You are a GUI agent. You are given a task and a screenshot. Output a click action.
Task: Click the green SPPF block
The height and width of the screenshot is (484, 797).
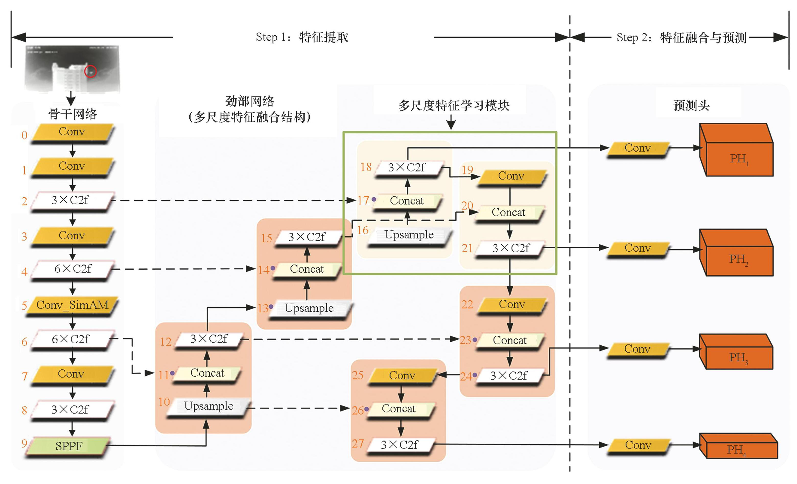coord(68,446)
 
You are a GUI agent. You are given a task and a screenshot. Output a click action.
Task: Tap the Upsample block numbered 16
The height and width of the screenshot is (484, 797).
coord(409,235)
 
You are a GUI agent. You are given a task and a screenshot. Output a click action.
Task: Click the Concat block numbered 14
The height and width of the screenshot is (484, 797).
coord(307,269)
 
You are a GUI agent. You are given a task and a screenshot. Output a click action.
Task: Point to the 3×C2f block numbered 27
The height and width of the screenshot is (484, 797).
coord(400,445)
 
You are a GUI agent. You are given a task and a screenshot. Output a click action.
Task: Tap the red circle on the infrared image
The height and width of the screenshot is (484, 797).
coord(90,71)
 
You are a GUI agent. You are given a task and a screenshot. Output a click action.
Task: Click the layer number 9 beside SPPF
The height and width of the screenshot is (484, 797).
coord(24,443)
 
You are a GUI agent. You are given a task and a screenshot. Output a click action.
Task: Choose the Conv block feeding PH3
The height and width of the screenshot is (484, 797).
coord(637,349)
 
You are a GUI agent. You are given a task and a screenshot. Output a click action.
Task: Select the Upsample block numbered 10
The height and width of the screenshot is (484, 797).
coord(209,406)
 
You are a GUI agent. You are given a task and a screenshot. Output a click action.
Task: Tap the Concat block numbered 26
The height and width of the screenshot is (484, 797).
coord(398,409)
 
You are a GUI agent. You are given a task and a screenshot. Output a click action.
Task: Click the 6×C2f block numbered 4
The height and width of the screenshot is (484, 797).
coord(73,269)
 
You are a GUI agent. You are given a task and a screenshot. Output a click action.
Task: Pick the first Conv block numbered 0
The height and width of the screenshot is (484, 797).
coord(72,132)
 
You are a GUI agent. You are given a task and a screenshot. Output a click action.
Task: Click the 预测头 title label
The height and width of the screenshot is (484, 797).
coord(691,106)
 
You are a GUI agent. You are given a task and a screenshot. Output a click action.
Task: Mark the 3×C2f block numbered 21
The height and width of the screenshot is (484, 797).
coord(511,248)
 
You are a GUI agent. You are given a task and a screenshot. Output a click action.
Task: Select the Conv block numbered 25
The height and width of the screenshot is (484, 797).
coord(402,376)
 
